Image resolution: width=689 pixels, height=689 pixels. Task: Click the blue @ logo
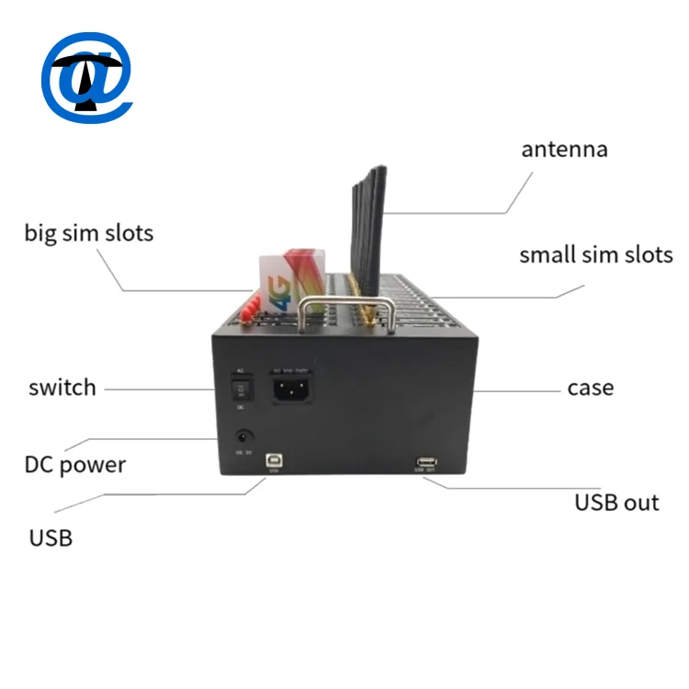[87, 78]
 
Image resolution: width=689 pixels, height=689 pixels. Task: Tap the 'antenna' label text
[564, 150]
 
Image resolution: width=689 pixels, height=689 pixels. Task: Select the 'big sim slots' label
[88, 232]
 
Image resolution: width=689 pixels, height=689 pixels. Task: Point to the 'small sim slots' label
[596, 254]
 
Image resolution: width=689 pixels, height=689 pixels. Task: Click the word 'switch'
[62, 388]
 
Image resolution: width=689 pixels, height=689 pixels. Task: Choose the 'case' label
[590, 388]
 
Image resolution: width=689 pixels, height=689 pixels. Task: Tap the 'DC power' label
[74, 464]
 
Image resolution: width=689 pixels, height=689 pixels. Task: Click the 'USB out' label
[616, 503]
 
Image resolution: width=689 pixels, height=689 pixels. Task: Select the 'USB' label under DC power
[51, 537]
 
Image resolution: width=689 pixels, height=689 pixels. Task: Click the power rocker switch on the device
[242, 390]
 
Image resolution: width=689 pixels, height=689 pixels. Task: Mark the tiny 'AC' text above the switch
[241, 371]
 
